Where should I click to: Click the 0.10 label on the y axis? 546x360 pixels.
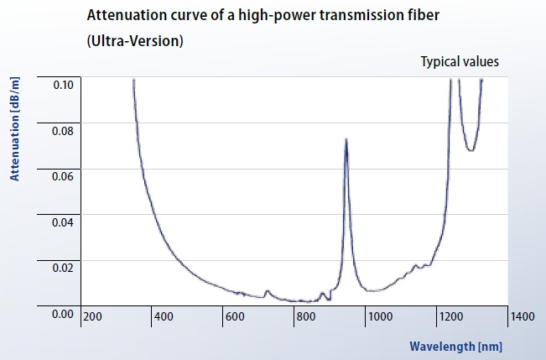coord(64,85)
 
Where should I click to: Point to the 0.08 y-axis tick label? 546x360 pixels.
coord(64,131)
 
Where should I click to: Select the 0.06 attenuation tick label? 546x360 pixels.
coord(64,176)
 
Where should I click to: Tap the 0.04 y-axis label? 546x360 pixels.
coord(64,222)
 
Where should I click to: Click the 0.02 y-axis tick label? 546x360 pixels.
coord(64,268)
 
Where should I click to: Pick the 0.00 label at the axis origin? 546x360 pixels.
coord(64,314)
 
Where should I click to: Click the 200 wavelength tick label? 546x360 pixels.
coord(92,316)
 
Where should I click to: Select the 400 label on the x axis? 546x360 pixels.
coord(163,316)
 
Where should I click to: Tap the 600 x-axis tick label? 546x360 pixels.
coord(234,316)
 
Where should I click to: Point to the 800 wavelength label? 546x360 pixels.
coord(305,316)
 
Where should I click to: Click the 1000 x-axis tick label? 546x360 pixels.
coord(379,316)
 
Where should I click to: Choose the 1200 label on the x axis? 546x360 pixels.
coord(450,316)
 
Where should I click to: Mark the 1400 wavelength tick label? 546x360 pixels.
coord(522,316)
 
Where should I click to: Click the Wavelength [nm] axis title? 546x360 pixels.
coord(455,346)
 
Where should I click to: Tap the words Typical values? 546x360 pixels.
coord(460,61)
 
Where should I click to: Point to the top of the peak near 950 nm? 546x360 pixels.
coord(346,139)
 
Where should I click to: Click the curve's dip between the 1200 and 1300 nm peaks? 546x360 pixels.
coord(471,150)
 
